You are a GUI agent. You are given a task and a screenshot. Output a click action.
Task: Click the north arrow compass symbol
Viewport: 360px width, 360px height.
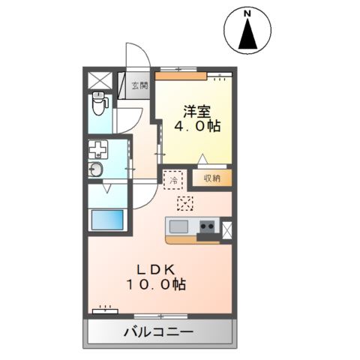247,34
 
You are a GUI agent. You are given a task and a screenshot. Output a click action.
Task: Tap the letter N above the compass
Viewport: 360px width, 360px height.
247,11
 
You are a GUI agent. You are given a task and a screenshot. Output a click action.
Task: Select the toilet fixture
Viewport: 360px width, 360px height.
99,103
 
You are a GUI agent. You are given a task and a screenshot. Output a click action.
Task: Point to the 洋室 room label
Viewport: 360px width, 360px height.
197,112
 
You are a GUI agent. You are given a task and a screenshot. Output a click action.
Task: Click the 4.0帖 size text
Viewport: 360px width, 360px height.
197,127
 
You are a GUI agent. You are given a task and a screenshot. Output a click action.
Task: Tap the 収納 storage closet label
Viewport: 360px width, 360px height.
211,178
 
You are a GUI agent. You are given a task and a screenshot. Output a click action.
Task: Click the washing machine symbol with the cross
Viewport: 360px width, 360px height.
99,148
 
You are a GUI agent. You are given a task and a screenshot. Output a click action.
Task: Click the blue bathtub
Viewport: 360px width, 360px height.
106,220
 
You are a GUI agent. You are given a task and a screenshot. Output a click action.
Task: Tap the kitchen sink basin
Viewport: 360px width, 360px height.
180,226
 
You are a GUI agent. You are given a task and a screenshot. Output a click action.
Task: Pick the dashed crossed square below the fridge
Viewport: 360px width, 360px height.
184,202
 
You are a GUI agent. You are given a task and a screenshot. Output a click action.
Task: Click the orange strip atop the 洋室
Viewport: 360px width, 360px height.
181,74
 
